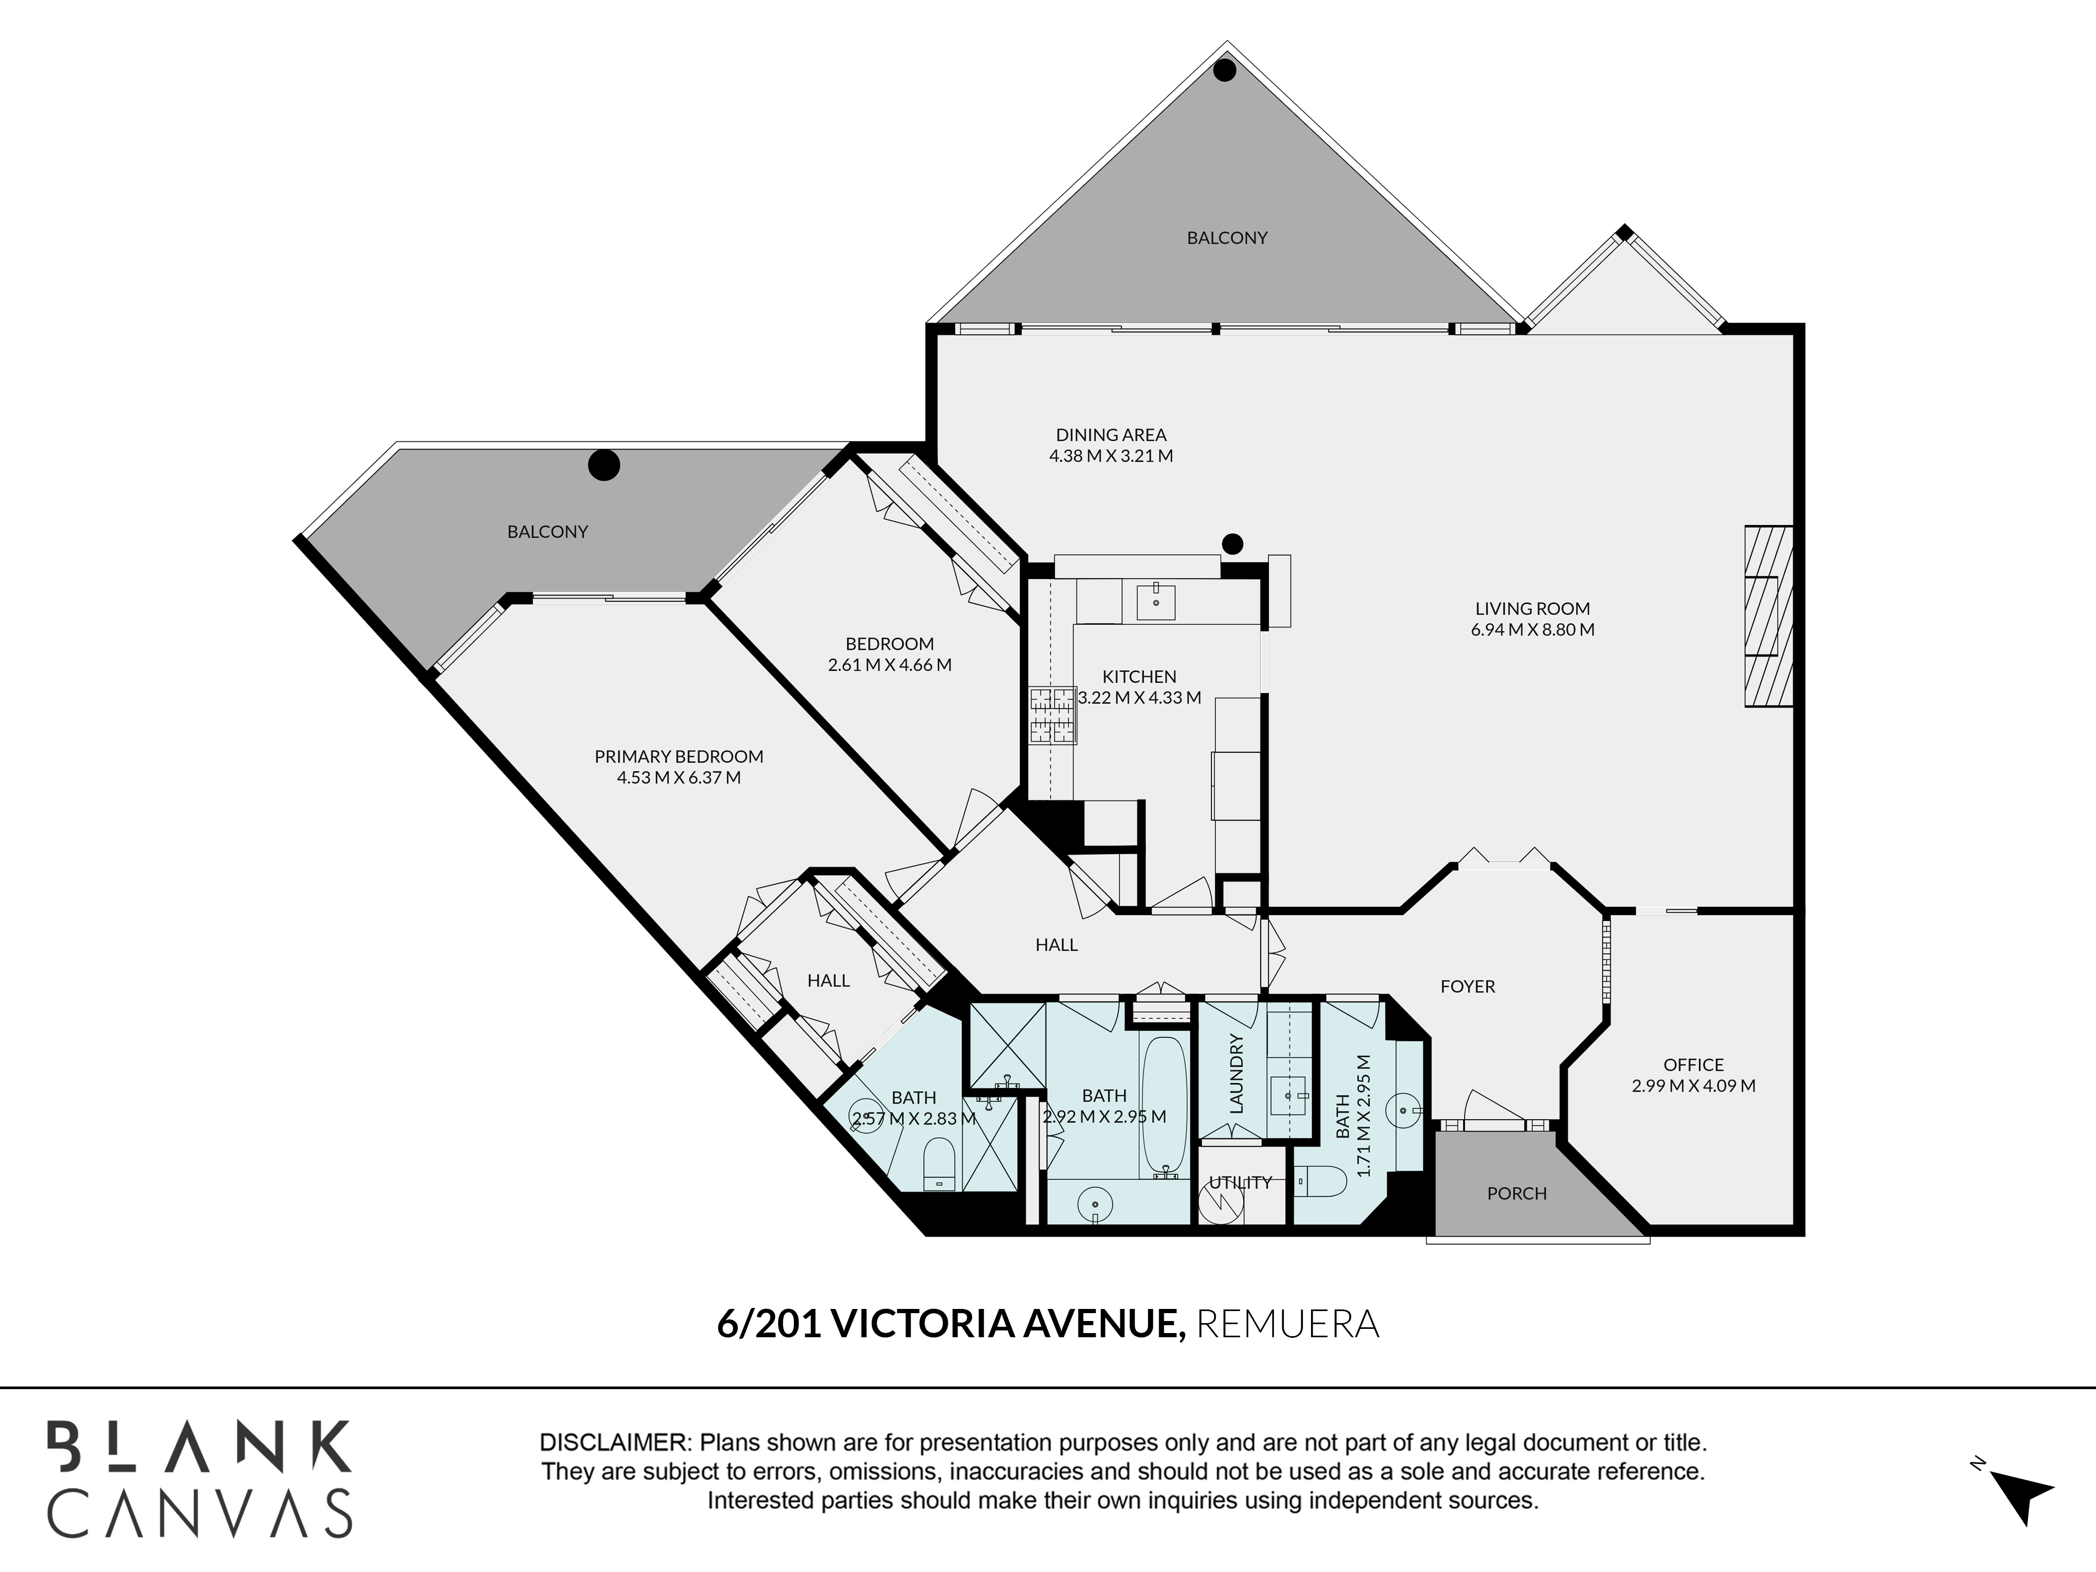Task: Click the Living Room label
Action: pyautogui.click(x=1532, y=608)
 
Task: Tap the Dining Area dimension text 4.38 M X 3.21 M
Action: pyautogui.click(x=1111, y=456)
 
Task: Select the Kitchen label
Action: pyautogui.click(x=1139, y=676)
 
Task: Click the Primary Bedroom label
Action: pyautogui.click(x=679, y=756)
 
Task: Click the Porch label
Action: pyautogui.click(x=1516, y=1193)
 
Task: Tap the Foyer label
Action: pyautogui.click(x=1467, y=986)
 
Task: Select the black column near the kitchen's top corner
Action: pyautogui.click(x=1232, y=544)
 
